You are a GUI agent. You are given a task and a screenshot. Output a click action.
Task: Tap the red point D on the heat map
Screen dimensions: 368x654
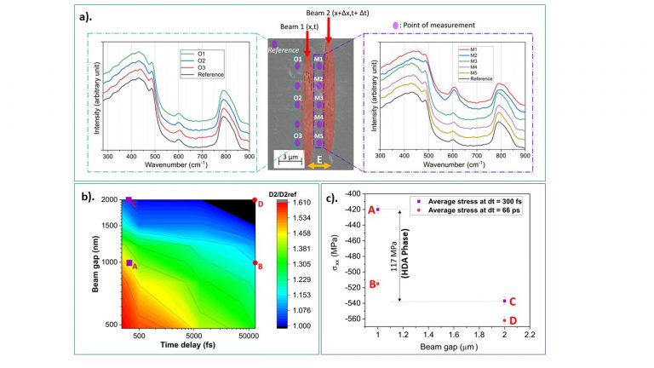(255, 200)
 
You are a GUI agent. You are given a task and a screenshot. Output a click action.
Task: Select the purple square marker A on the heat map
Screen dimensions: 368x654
(129, 263)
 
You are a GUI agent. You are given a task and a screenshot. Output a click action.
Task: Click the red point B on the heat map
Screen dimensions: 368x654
(255, 263)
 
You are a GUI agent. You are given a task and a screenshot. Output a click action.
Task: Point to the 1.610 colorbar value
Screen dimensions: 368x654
(301, 204)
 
